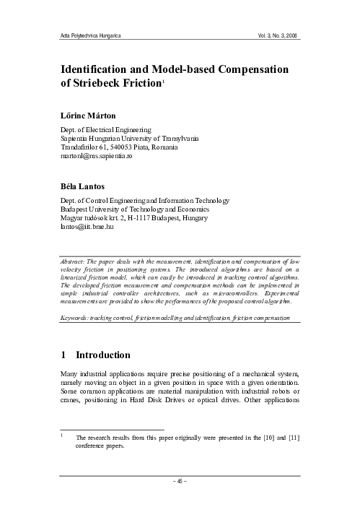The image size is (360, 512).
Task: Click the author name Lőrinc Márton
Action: (89, 115)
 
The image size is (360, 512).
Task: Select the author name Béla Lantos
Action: (84, 186)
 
